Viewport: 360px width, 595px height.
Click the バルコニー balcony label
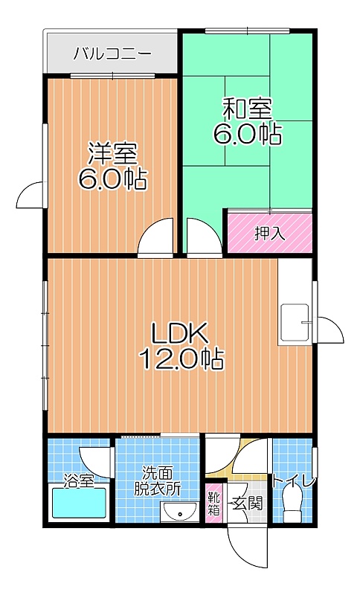point(112,53)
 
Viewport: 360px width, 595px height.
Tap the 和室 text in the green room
point(247,109)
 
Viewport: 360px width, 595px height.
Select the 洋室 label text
point(112,154)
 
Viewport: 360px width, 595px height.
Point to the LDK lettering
point(179,332)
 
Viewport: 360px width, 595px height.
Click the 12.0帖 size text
point(181,358)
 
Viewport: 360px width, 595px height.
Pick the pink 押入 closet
point(270,233)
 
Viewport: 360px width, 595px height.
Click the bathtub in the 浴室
point(79,503)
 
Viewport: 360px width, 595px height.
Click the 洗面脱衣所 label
point(158,481)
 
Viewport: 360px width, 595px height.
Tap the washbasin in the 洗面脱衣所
point(179,512)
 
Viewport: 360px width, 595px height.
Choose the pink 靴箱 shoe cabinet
point(213,504)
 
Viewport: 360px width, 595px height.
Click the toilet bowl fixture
point(292,504)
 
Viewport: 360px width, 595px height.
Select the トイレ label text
point(293,481)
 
